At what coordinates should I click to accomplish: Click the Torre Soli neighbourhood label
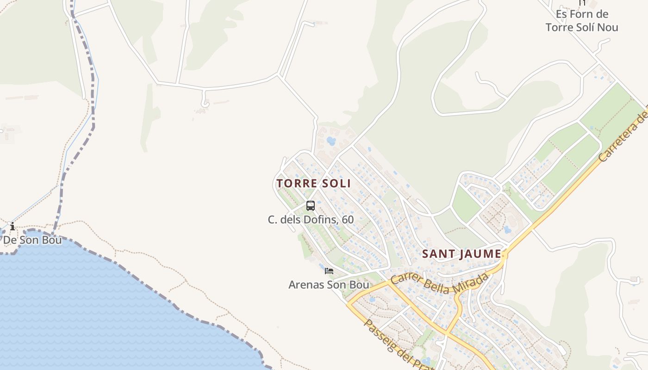(313, 183)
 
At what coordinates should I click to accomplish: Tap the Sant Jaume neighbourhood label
(461, 254)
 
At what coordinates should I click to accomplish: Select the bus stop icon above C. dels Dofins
(311, 206)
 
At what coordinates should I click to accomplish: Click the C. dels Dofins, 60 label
(311, 220)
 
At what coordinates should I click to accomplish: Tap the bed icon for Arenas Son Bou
(329, 271)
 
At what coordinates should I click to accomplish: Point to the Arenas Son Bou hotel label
(329, 284)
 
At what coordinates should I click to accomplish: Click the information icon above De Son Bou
(12, 227)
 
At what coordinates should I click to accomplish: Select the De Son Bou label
(32, 240)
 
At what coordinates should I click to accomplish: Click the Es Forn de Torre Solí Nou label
(582, 21)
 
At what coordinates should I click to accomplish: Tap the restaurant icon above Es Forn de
(582, 2)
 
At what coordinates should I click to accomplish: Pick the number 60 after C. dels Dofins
(348, 220)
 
